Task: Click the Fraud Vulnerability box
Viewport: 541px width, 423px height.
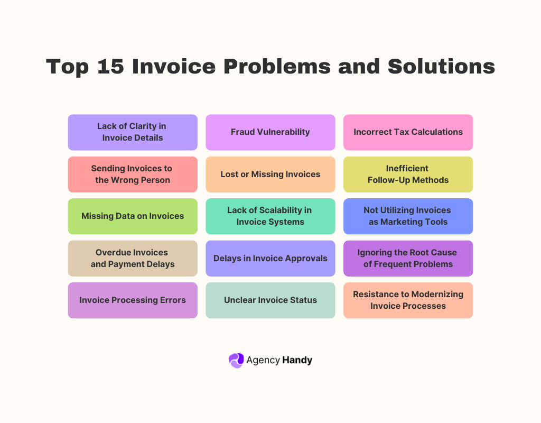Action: click(270, 132)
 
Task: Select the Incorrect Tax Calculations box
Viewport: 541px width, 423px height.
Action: click(408, 132)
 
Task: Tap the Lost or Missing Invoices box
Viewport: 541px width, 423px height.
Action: click(270, 174)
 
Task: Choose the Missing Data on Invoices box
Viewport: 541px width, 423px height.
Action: click(133, 216)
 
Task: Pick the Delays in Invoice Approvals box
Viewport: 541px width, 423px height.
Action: click(270, 258)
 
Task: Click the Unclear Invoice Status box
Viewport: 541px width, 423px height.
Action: click(270, 300)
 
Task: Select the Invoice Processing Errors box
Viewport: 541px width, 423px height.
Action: click(133, 300)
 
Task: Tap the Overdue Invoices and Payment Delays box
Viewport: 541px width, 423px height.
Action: click(133, 258)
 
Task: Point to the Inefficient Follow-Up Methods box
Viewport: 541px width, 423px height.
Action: click(408, 174)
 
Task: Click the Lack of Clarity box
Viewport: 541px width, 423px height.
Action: click(133, 132)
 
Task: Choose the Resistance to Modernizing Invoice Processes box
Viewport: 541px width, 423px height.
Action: click(408, 300)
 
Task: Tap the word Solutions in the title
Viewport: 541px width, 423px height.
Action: click(441, 67)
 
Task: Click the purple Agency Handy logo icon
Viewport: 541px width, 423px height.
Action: click(236, 360)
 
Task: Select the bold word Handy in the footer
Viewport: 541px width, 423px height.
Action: click(297, 360)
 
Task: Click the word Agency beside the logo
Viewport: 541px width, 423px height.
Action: click(263, 361)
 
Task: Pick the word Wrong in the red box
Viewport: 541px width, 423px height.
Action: click(127, 180)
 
